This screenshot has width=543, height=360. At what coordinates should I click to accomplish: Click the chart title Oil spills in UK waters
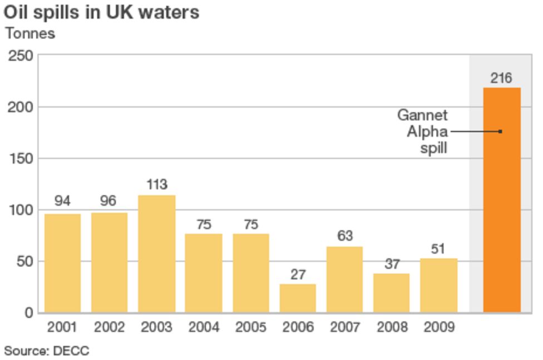point(102,12)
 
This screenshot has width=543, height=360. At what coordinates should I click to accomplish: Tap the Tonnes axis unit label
point(31,33)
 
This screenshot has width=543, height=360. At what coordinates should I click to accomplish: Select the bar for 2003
point(156,254)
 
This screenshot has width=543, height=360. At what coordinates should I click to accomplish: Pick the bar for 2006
point(297,298)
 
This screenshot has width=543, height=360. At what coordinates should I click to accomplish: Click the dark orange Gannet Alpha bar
point(501,200)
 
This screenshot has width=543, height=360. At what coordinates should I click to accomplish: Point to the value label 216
point(501,78)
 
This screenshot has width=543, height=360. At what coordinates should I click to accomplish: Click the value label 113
point(156,185)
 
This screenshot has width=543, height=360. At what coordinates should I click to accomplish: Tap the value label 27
point(298,274)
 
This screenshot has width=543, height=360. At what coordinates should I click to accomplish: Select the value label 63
point(344,236)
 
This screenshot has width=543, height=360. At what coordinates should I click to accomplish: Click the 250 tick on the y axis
point(20,56)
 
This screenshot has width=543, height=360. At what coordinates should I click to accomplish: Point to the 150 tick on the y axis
point(20,159)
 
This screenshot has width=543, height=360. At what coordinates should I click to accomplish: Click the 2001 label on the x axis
point(62,327)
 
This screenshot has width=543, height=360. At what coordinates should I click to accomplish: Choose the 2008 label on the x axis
point(391,327)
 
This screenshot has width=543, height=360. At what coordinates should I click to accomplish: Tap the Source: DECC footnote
point(47,351)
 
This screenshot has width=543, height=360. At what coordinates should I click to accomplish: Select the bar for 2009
point(438,285)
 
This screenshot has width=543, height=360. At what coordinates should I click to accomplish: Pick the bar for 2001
point(62,263)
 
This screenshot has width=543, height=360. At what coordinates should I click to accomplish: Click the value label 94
point(62,201)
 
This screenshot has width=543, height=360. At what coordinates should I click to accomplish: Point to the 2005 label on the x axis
point(250,327)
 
